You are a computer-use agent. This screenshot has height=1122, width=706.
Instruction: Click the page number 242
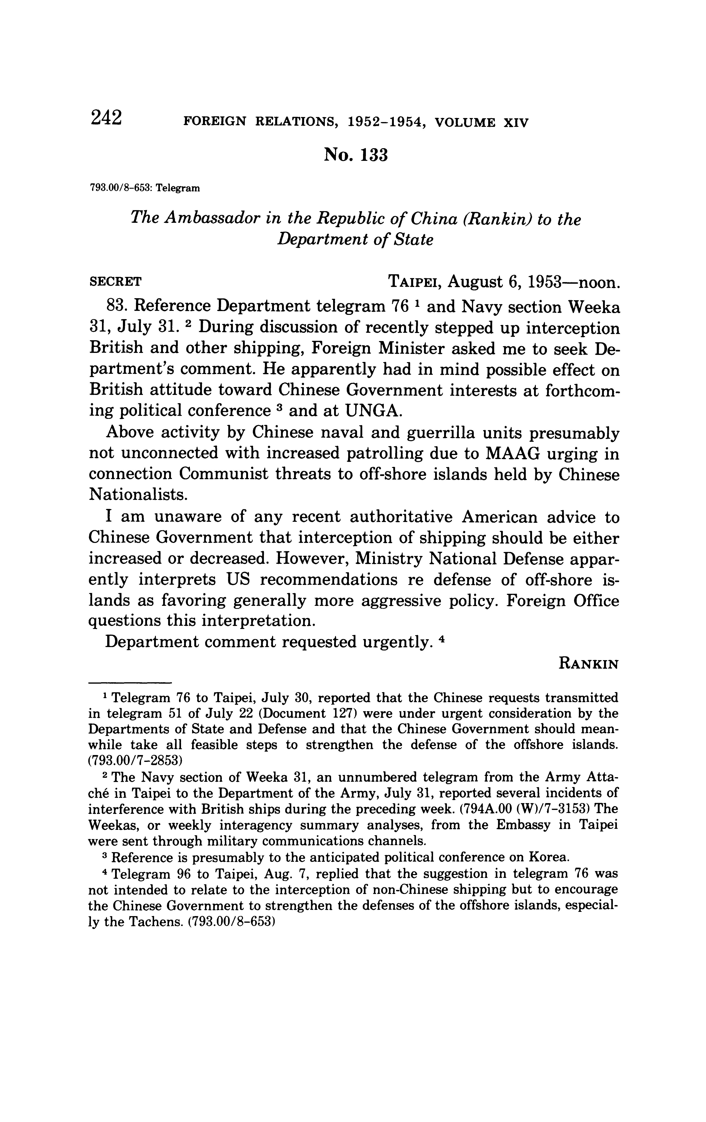[x=107, y=117]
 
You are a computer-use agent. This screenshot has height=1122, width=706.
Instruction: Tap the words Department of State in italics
[x=355, y=239]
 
